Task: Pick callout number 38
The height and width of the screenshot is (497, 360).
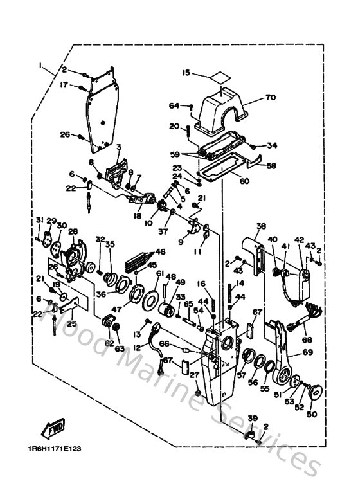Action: (261, 226)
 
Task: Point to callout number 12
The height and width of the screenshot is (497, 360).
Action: (137, 347)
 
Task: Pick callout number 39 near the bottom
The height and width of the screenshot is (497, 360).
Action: (253, 418)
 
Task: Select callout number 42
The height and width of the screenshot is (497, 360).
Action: (300, 240)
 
